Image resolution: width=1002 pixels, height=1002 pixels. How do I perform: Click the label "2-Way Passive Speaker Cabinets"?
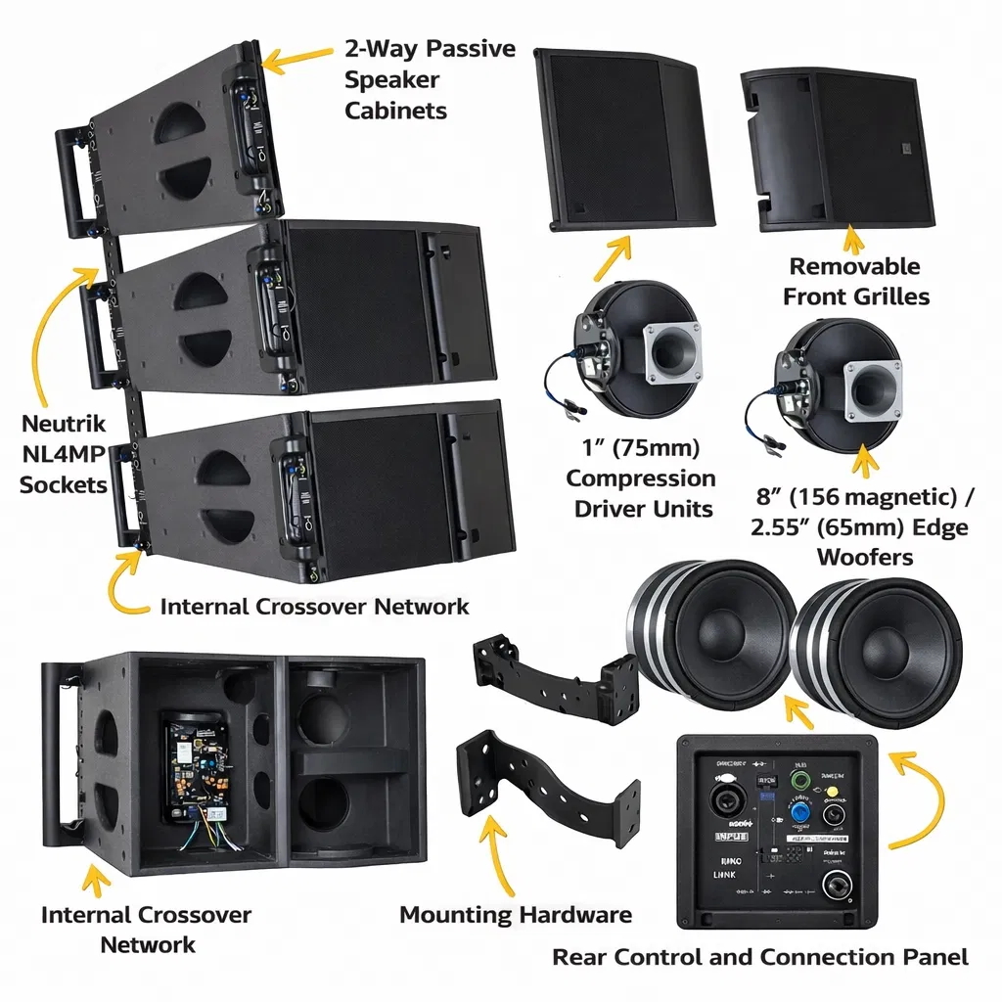click(429, 79)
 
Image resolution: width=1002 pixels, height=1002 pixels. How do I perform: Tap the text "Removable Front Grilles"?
click(854, 281)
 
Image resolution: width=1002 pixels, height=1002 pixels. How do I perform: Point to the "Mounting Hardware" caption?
click(515, 915)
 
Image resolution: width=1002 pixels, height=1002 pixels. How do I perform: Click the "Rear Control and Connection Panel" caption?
click(760, 956)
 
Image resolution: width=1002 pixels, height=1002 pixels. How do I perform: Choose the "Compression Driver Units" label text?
click(641, 479)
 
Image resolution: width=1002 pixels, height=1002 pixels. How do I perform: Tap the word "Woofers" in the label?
click(864, 556)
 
